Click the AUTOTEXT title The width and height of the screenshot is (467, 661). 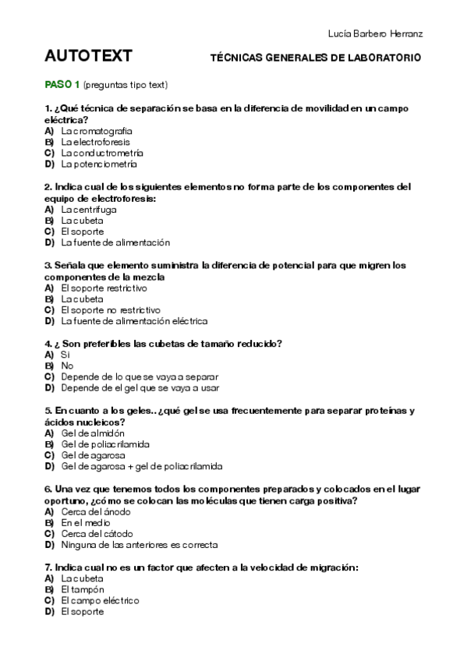click(x=88, y=56)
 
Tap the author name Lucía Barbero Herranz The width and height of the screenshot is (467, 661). click(x=377, y=34)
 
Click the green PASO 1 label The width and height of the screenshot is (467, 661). click(x=62, y=83)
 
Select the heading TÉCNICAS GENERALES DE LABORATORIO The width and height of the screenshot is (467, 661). click(x=316, y=58)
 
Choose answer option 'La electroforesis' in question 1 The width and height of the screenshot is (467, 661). click(x=95, y=143)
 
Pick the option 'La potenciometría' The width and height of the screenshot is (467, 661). click(x=98, y=164)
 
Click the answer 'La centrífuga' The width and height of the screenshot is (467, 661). click(x=89, y=210)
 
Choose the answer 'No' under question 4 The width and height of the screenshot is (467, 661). click(x=67, y=366)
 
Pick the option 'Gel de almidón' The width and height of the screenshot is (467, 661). click(x=92, y=433)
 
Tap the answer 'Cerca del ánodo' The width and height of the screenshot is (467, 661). click(x=95, y=512)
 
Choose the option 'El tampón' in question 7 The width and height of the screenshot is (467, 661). click(x=82, y=590)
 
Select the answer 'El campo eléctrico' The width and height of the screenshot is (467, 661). click(x=99, y=601)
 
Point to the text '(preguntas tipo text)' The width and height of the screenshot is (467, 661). click(x=126, y=84)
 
